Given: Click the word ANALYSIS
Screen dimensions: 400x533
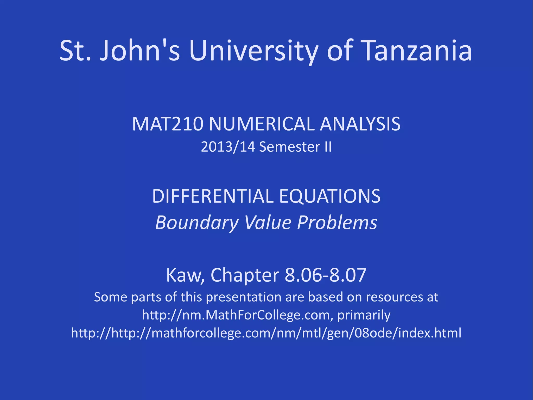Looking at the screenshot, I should [x=360, y=124].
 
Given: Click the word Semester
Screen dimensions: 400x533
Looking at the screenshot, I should [x=290, y=147].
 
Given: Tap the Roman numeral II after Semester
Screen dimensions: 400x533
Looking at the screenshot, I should [x=328, y=147].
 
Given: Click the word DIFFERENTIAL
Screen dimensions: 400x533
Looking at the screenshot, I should [x=213, y=196].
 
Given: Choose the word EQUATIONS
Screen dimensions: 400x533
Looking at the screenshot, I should [x=330, y=196].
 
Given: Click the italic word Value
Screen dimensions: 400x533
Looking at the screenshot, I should [x=268, y=223].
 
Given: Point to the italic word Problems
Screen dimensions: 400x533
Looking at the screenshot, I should [x=337, y=223].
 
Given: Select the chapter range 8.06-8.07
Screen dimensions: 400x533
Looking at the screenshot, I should [x=325, y=275].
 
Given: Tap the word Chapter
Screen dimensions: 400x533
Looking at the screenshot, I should [x=245, y=275].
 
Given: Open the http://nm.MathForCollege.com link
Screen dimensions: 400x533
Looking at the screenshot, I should [x=236, y=315].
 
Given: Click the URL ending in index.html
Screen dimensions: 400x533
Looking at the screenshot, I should [x=266, y=333].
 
